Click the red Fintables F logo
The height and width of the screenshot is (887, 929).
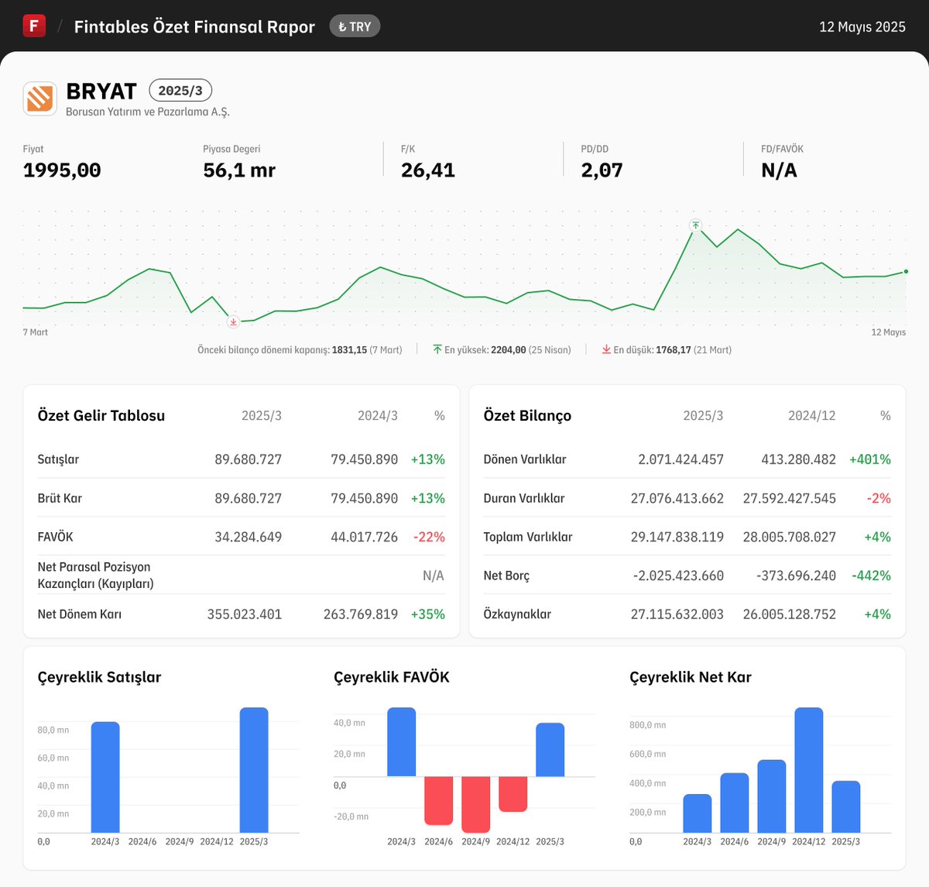34,26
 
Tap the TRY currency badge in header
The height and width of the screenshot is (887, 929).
355,26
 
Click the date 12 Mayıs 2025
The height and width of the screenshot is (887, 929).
862,27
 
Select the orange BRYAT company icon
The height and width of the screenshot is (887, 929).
39,98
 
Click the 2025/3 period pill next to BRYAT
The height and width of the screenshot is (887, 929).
180,91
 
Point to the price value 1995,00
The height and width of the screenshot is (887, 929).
62,170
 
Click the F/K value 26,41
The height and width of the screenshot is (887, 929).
427,170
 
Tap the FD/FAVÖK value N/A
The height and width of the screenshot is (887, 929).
779,170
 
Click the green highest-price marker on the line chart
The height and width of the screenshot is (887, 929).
695,225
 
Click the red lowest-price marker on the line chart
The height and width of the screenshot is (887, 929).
233,321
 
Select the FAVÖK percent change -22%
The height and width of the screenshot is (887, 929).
429,537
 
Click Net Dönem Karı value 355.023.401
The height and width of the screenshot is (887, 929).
245,614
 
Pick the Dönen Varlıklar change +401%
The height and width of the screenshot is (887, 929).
869,459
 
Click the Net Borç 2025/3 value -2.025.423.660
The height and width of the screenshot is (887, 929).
678,576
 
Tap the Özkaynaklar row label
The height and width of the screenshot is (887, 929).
517,614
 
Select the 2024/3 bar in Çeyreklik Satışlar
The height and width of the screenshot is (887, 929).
105,777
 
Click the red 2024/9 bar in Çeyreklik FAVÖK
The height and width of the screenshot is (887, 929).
475,803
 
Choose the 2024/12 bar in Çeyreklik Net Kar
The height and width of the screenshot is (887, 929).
808,769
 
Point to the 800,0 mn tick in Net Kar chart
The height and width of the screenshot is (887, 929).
647,725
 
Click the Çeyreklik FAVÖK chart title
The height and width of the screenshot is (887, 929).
391,677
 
